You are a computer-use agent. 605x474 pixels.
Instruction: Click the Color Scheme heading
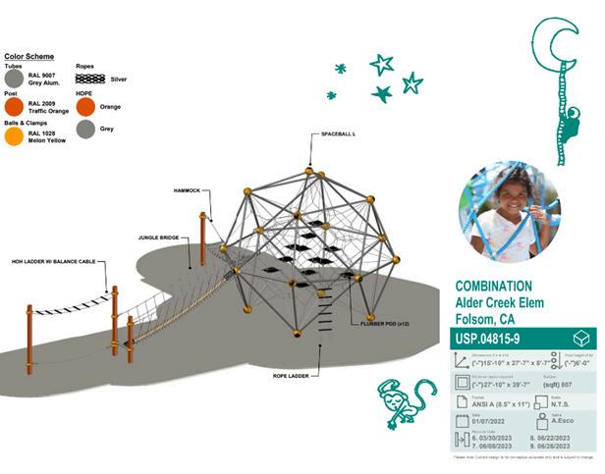29,57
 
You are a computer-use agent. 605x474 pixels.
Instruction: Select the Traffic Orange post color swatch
15,106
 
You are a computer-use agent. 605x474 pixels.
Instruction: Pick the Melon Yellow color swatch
15,136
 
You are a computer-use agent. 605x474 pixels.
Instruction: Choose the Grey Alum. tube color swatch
15,78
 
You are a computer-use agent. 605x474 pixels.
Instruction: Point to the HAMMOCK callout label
188,191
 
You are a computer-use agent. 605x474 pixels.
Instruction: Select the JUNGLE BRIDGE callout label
158,238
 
